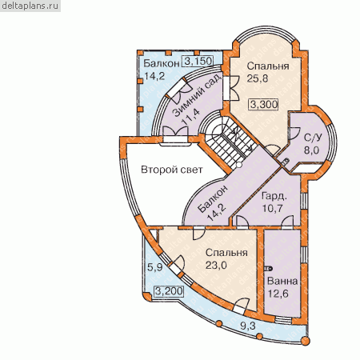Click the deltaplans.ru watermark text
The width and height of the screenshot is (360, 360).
(x=30, y=6)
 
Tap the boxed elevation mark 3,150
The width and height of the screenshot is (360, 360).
(x=198, y=61)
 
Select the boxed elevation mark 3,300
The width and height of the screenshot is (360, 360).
(x=264, y=104)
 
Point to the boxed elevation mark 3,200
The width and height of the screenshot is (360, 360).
(x=169, y=291)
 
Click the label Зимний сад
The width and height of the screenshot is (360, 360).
(x=197, y=95)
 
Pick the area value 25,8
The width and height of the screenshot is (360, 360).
(x=258, y=78)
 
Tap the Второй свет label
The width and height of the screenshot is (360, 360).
(x=172, y=170)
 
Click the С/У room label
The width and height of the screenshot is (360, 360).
(x=314, y=138)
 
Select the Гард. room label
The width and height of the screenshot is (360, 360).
(x=274, y=196)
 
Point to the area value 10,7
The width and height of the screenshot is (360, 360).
(x=272, y=208)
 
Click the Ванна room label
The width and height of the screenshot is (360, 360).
(x=282, y=281)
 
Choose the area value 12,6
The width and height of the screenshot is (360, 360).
(x=278, y=294)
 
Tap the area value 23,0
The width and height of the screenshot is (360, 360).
(x=216, y=265)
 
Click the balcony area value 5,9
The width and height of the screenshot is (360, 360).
(x=155, y=266)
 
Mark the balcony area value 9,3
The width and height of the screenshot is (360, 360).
(x=248, y=326)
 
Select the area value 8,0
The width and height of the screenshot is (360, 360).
(x=311, y=150)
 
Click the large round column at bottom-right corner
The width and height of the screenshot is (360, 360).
(x=305, y=341)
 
